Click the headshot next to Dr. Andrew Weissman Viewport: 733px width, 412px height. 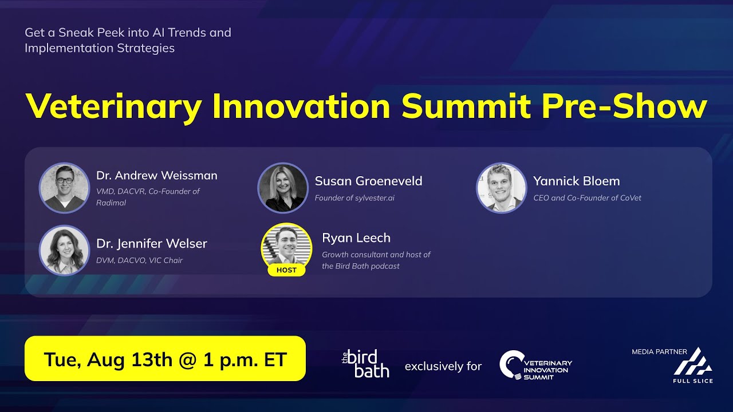click(x=64, y=188)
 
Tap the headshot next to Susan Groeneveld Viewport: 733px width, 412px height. click(x=283, y=188)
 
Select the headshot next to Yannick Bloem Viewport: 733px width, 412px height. click(x=501, y=188)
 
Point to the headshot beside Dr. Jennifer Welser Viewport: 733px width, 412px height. click(x=64, y=250)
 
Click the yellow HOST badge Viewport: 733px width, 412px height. click(x=286, y=270)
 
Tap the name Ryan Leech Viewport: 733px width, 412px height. click(x=356, y=238)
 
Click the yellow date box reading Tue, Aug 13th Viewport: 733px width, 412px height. click(x=165, y=359)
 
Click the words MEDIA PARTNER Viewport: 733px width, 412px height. click(x=659, y=352)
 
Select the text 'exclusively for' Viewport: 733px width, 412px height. click(x=443, y=366)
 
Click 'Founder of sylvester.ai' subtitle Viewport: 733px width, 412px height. click(x=354, y=198)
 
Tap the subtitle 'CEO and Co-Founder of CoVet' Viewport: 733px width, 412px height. click(x=587, y=198)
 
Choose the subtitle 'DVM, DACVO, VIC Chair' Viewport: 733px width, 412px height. click(x=139, y=260)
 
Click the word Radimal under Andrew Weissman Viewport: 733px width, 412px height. click(x=111, y=203)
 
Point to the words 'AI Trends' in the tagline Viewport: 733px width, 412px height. click(x=179, y=33)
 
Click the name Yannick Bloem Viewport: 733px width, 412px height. click(x=576, y=181)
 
